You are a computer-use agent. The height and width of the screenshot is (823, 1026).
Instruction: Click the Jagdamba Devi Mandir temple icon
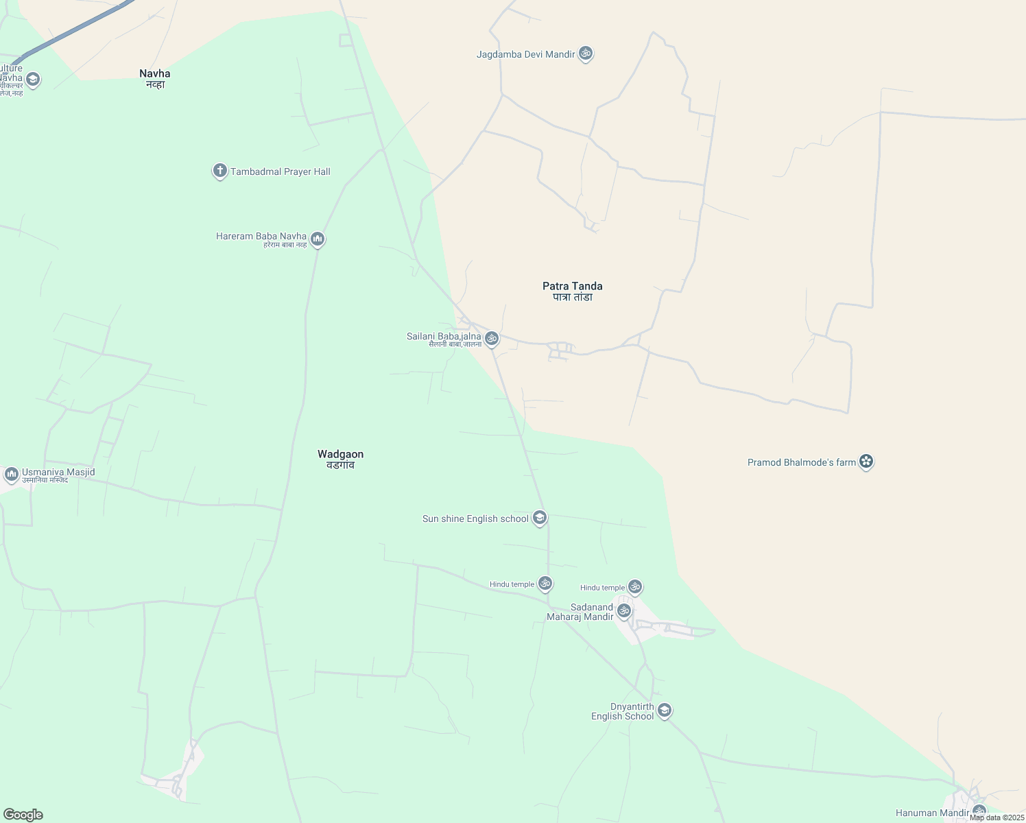coord(585,53)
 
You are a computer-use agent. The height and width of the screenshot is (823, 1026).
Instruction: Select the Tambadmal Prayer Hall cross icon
coord(219,171)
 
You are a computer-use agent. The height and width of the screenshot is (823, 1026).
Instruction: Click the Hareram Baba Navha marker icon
coord(317,239)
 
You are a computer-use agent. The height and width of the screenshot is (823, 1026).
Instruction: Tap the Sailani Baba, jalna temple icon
coord(491,338)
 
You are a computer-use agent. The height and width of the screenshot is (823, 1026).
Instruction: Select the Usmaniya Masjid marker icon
coord(11,474)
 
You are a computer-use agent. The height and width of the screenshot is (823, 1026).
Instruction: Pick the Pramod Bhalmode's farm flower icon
coord(866,462)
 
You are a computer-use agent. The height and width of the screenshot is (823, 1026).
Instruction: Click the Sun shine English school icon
coord(540,518)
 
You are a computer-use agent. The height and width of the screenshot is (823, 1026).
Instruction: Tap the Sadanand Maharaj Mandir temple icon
coord(623,610)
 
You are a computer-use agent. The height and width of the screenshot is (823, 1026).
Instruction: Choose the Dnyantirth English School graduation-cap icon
coord(664,711)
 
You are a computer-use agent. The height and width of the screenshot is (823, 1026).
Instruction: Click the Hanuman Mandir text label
coord(932,813)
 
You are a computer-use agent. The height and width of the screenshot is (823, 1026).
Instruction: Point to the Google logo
coord(23,815)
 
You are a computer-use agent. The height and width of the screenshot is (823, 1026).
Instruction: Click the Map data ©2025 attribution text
coord(997,818)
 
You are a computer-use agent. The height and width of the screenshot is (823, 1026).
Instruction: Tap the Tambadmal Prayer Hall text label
coord(280,171)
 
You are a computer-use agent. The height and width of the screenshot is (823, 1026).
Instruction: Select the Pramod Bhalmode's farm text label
coord(801,462)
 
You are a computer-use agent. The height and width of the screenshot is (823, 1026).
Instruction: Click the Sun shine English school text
coord(475,518)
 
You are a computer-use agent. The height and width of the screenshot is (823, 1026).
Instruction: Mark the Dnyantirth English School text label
coord(623,711)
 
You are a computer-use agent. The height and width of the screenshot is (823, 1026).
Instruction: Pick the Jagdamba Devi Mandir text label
coord(525,54)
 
